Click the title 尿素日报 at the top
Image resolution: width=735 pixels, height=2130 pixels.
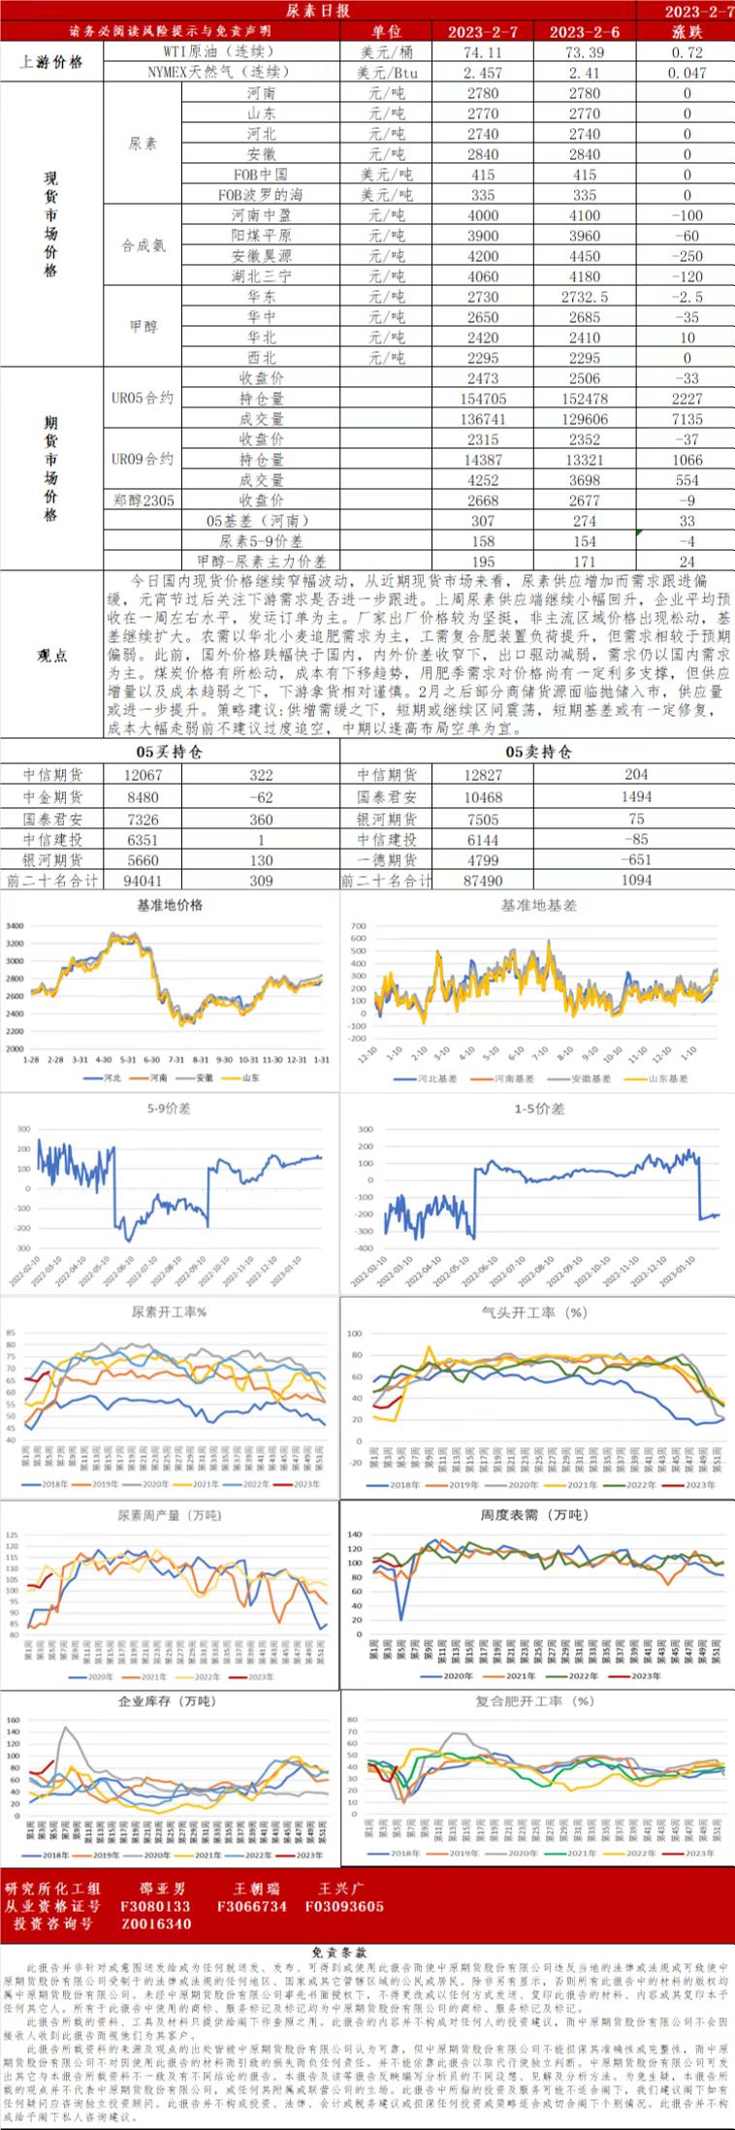318,11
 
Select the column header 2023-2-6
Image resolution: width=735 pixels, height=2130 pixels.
585,32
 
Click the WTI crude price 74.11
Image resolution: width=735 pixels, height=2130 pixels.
483,52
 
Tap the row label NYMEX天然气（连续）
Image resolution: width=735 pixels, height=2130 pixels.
219,73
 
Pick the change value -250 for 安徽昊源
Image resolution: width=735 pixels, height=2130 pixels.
687,256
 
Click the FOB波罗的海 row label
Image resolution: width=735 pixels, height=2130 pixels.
261,195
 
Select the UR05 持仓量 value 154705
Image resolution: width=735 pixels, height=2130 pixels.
483,399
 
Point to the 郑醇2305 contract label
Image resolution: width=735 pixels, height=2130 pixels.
143,500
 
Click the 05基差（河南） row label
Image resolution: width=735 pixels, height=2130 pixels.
258,521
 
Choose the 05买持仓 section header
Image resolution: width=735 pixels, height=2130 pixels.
169,752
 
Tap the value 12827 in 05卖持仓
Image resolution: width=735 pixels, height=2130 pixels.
483,775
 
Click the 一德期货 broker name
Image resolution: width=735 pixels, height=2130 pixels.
387,860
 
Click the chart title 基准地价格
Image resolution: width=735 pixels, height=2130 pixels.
170,904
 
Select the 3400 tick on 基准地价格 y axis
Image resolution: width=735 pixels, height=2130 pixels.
15,926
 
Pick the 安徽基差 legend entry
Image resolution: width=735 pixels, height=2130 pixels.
590,1079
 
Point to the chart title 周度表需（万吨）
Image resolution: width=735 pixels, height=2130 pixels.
535,1515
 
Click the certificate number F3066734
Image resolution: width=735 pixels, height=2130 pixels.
252,1906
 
